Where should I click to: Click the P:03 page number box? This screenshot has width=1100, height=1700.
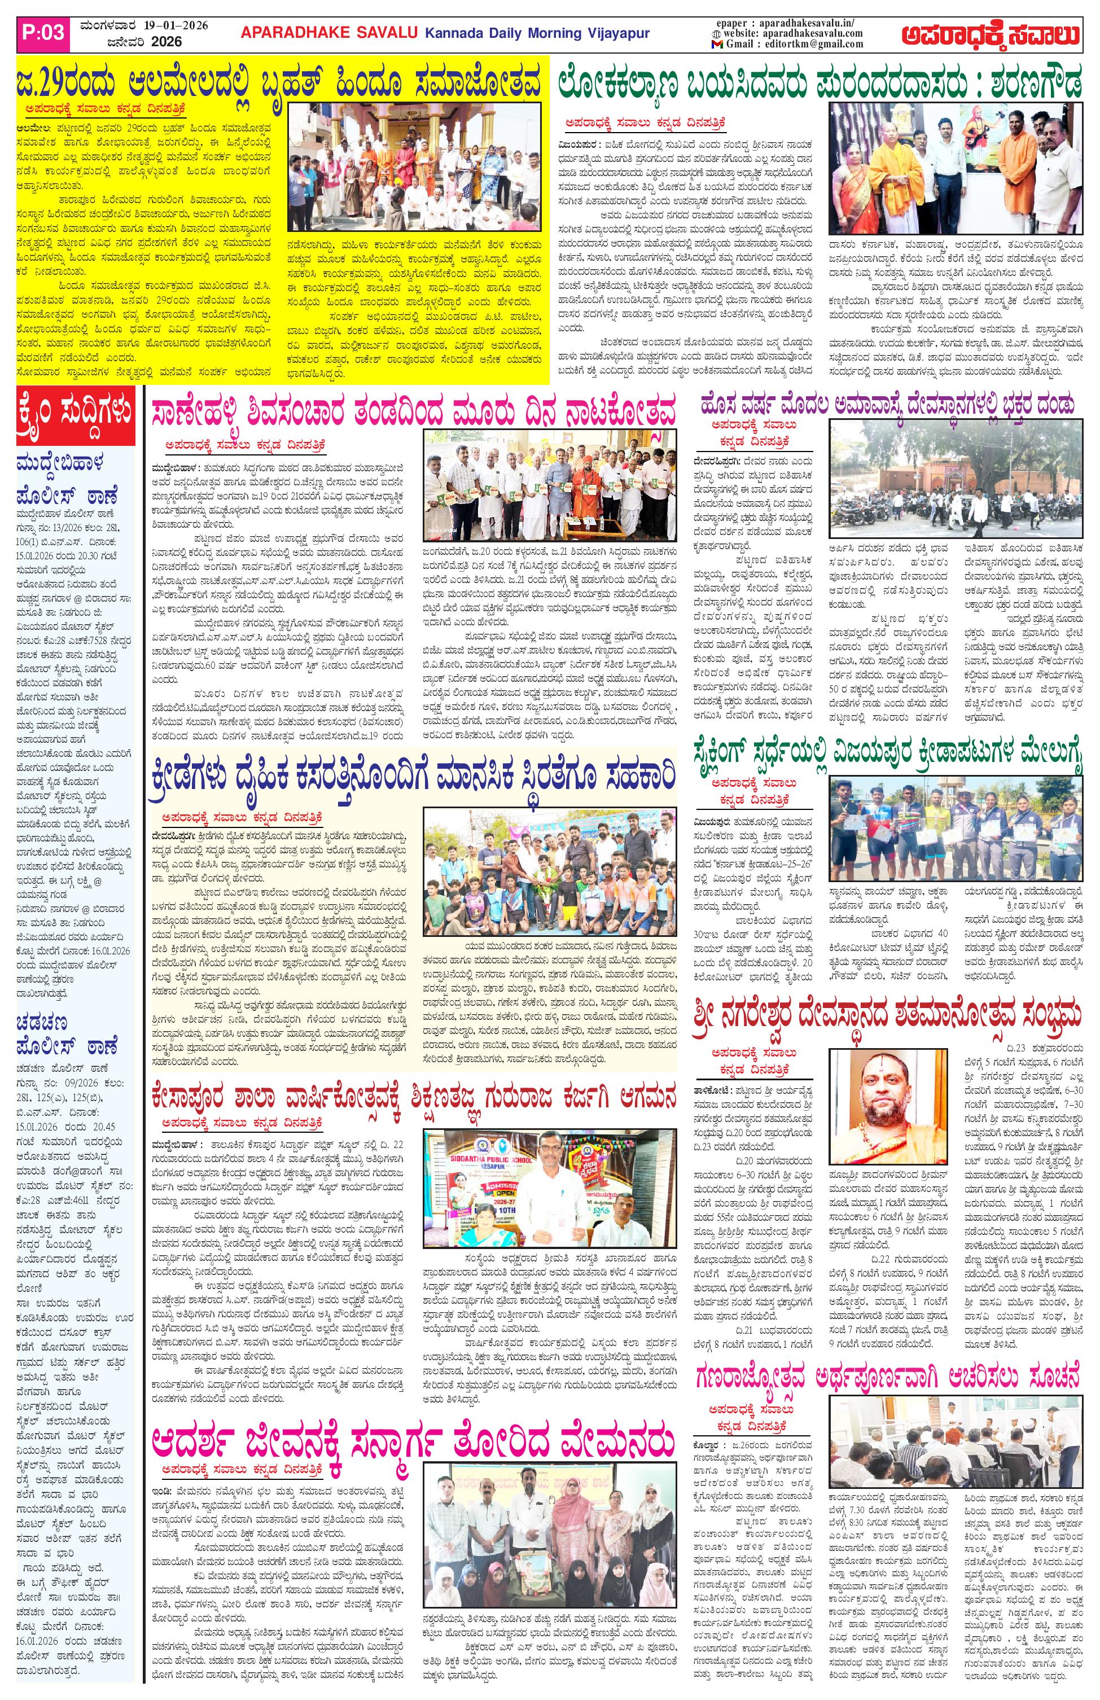(x=44, y=33)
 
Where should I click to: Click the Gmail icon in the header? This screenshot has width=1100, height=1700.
(x=716, y=44)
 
